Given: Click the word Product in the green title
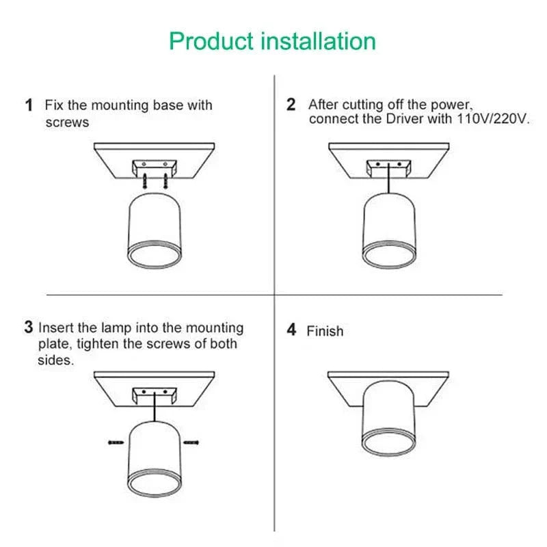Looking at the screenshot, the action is (x=211, y=42).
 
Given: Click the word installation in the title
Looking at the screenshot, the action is (x=319, y=41).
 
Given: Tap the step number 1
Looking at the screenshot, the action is (x=29, y=105).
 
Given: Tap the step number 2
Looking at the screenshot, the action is (x=291, y=105).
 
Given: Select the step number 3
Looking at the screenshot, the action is (x=29, y=327).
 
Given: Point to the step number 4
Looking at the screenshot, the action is (x=292, y=330).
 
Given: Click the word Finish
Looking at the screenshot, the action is (x=325, y=331).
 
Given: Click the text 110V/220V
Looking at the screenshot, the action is (x=493, y=119).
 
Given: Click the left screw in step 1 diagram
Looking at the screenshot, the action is (x=145, y=181).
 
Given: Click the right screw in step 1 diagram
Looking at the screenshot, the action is (x=165, y=181).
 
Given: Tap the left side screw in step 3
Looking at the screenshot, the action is (x=116, y=442).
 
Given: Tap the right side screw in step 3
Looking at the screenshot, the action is (x=191, y=442).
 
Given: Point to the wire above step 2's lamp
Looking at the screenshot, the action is (x=388, y=178).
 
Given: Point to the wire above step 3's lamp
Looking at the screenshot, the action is (x=155, y=406).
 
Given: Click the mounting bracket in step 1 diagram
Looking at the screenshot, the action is (x=155, y=167).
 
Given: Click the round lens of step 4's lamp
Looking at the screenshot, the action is (x=388, y=442).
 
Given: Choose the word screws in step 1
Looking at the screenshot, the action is (x=67, y=122).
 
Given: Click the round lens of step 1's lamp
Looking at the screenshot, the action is (x=155, y=254).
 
